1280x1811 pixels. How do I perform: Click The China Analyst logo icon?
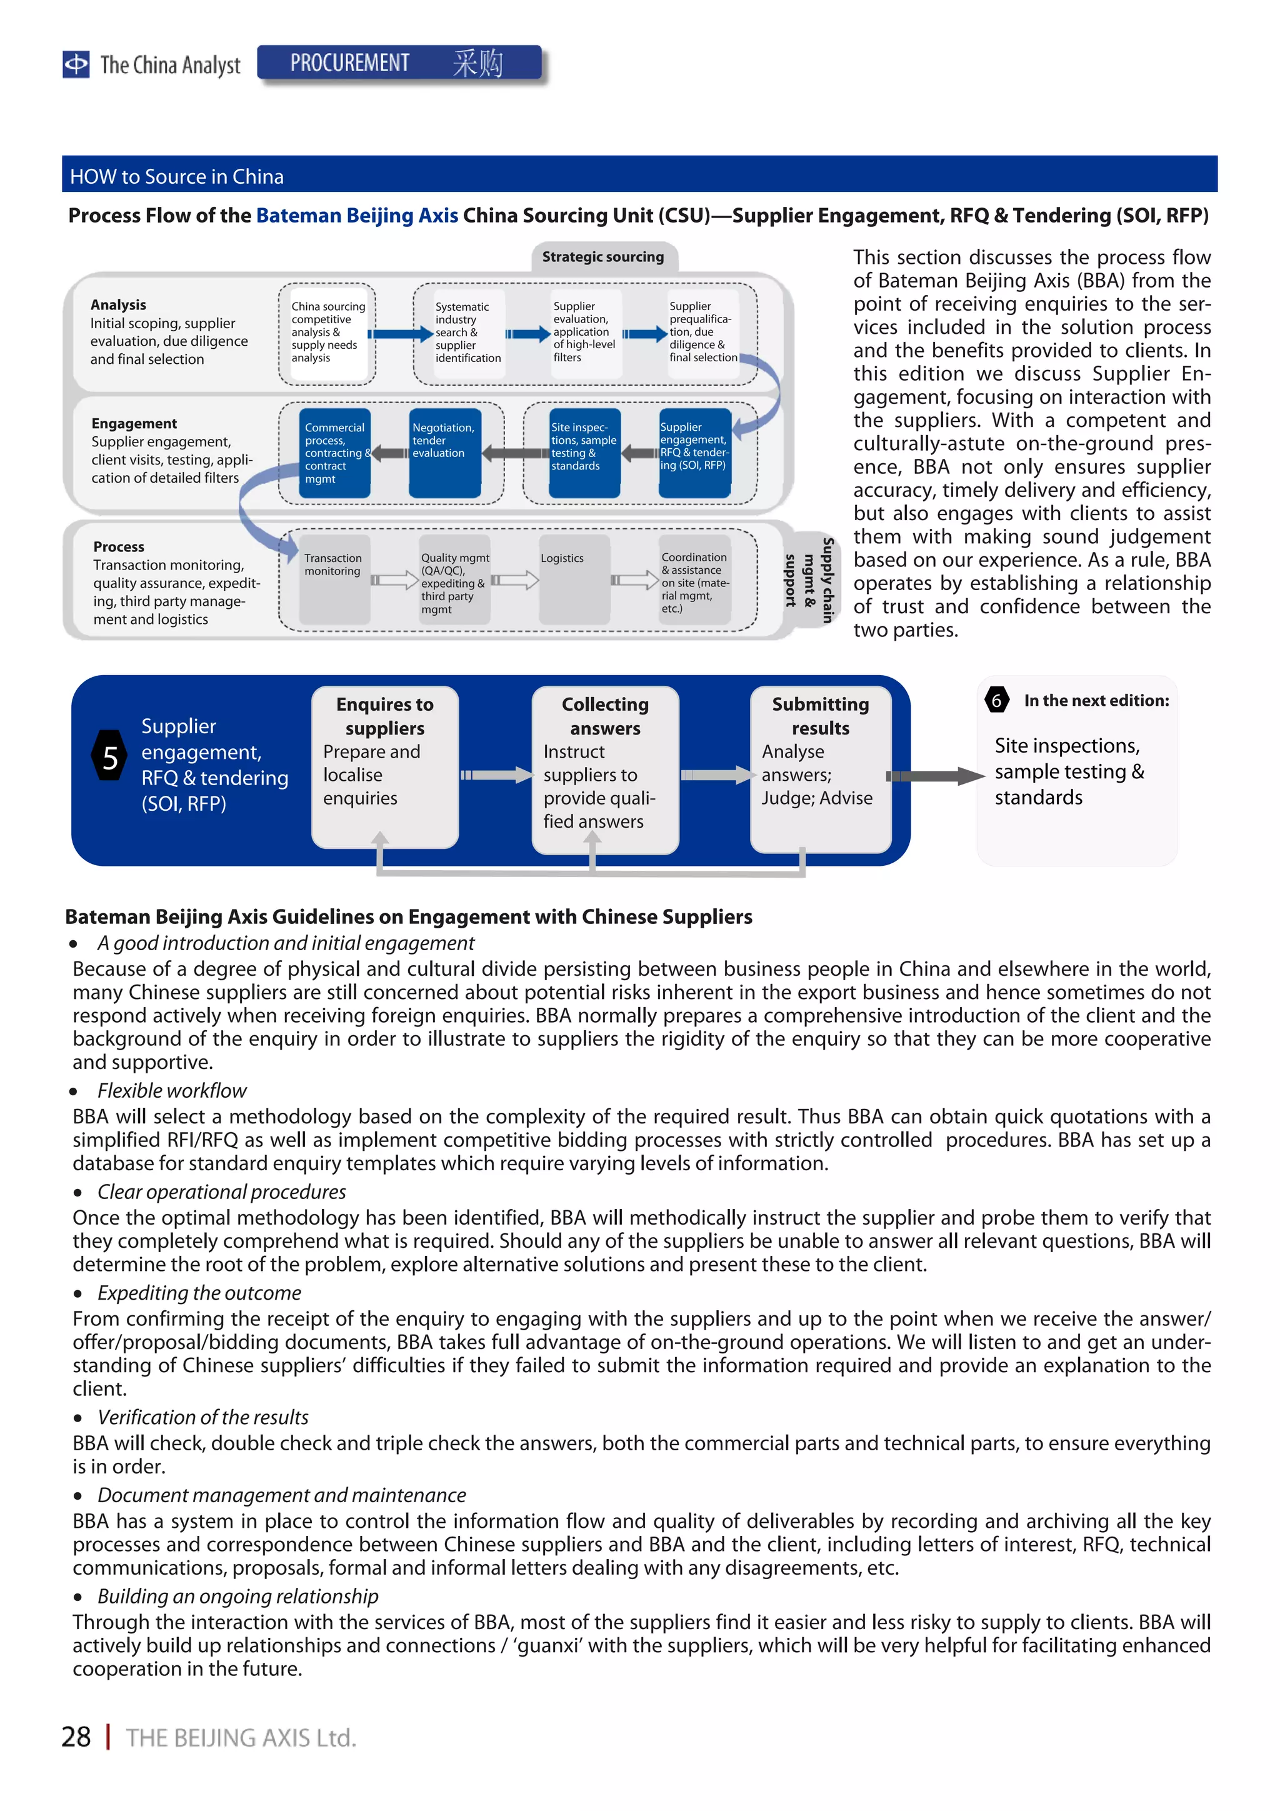point(76,64)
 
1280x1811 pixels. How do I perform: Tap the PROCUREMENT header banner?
point(399,63)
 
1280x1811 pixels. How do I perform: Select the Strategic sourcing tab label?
point(602,256)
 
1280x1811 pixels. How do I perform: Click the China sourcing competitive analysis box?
point(327,333)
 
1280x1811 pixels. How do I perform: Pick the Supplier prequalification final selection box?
point(702,333)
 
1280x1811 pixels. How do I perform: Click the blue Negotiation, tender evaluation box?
point(444,452)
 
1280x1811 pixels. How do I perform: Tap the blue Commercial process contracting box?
point(334,452)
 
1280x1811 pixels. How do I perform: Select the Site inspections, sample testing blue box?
point(584,452)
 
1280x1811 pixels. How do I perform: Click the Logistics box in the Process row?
point(573,579)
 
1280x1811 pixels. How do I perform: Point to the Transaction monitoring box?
point(334,579)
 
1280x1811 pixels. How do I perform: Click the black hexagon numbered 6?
point(996,700)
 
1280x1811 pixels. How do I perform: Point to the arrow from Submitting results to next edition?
point(936,776)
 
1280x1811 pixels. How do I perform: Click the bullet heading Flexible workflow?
point(171,1090)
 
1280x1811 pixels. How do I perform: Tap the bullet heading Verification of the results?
point(202,1417)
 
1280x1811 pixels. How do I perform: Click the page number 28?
point(76,1736)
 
